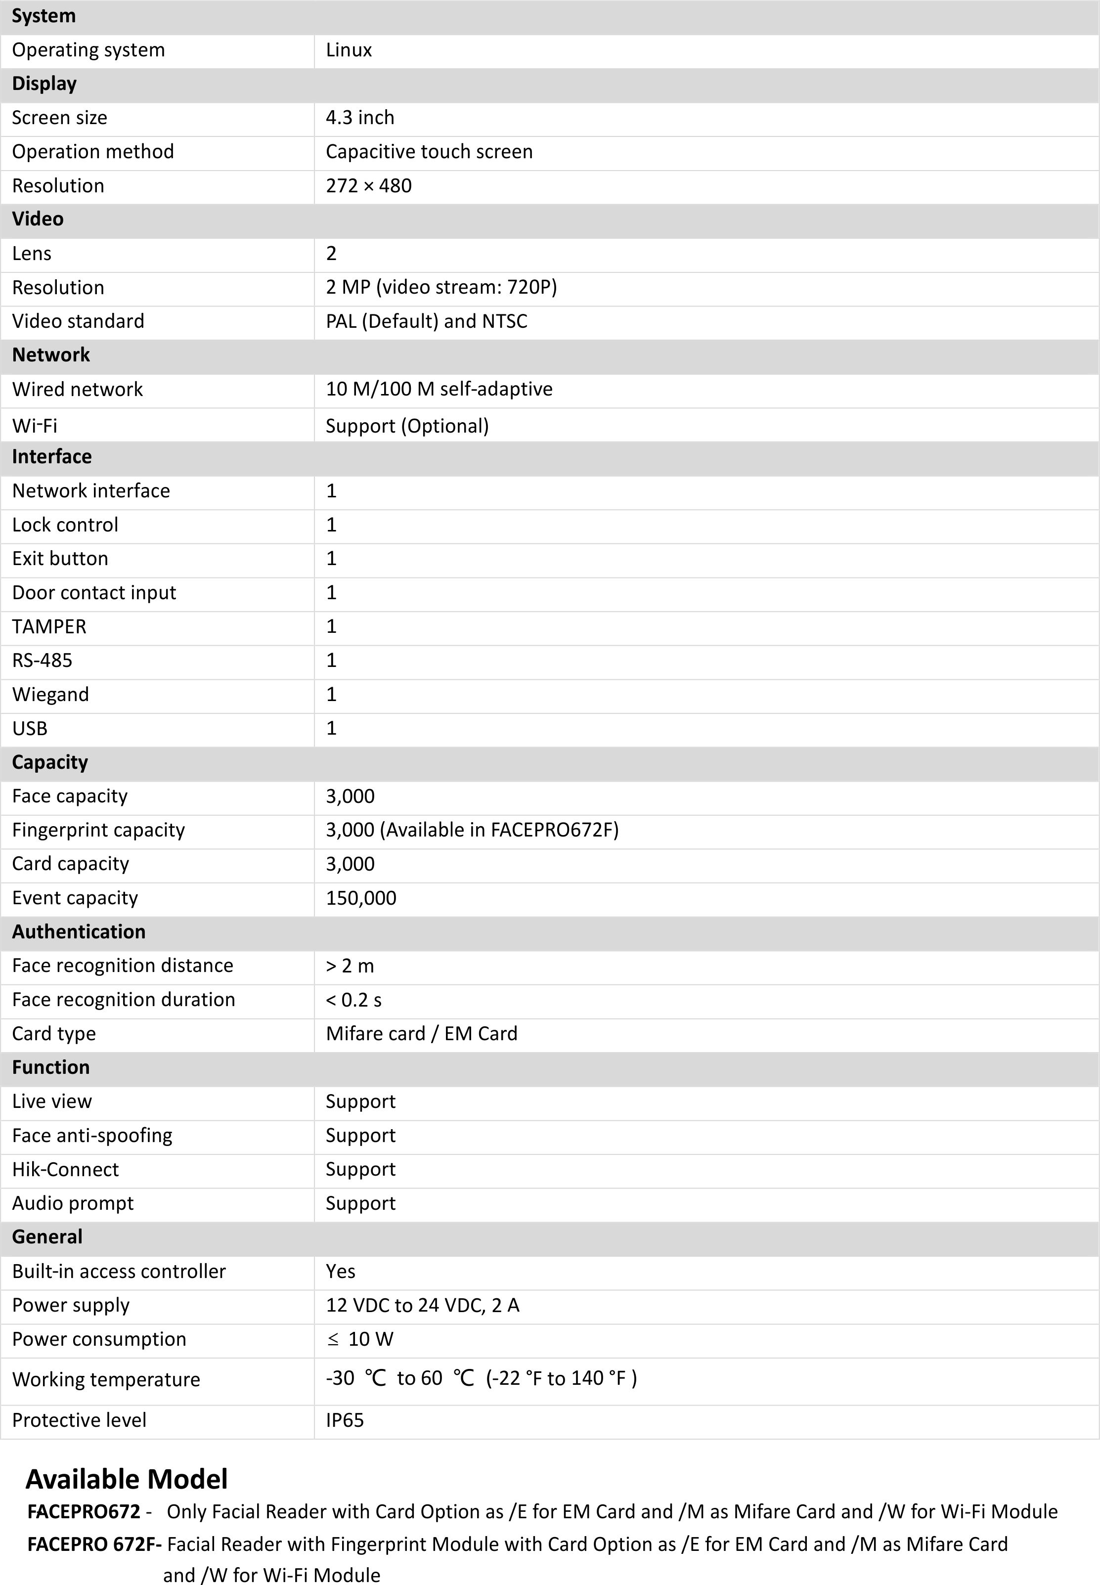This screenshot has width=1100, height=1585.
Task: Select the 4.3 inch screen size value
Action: tap(360, 118)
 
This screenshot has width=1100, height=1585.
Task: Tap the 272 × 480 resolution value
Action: tap(369, 186)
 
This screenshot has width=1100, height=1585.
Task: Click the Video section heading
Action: tap(38, 219)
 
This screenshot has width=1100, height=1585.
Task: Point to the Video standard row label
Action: tap(78, 321)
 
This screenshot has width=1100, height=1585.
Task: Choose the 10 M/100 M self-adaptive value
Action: tap(439, 390)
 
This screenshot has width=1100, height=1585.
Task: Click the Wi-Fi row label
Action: tap(35, 426)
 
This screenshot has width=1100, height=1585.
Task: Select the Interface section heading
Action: tap(52, 457)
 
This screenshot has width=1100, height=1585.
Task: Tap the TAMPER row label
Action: tap(49, 626)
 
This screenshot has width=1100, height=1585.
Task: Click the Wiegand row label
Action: tap(50, 695)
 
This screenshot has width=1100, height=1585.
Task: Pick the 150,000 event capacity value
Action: tap(361, 898)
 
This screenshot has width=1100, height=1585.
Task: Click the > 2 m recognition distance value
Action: tap(350, 966)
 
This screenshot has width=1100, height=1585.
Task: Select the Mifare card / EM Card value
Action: tap(421, 1034)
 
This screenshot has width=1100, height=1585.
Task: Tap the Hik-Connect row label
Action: tap(65, 1169)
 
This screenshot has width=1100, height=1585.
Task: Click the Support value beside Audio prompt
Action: tap(360, 1203)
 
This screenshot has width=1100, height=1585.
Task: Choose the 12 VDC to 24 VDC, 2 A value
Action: tap(423, 1305)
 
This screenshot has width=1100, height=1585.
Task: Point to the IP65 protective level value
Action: tap(345, 1420)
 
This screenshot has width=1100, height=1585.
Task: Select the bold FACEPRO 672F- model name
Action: tap(94, 1544)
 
